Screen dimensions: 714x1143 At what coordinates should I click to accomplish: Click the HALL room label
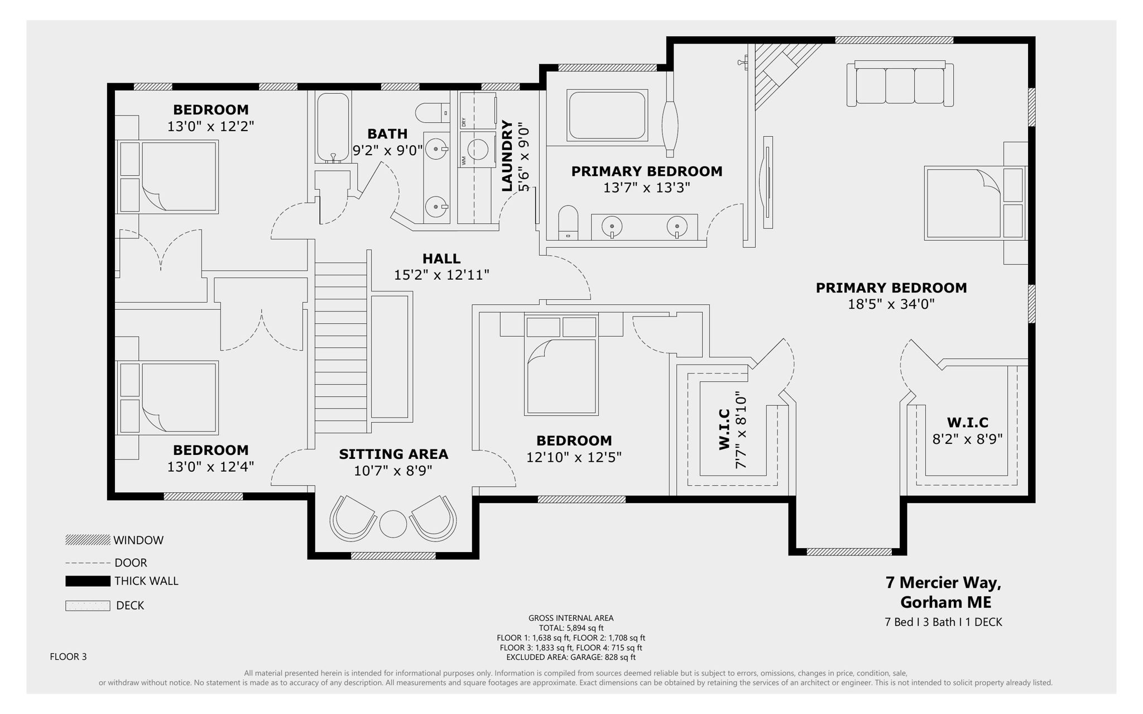pyautogui.click(x=441, y=258)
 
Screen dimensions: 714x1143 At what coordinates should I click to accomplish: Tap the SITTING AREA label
pyautogui.click(x=393, y=454)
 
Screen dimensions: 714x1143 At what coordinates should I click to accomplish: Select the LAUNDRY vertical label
pyautogui.click(x=507, y=156)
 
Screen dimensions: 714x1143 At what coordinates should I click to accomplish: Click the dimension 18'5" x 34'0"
pyautogui.click(x=891, y=304)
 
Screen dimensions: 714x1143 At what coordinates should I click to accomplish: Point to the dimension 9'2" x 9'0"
pyautogui.click(x=387, y=150)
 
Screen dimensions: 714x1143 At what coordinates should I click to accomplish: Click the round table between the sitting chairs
pyautogui.click(x=393, y=524)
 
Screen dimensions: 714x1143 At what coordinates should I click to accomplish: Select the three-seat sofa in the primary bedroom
pyautogui.click(x=900, y=84)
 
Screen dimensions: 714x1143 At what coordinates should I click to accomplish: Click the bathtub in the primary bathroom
pyautogui.click(x=607, y=115)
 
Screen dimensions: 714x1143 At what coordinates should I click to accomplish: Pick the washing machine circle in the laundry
pyautogui.click(x=478, y=150)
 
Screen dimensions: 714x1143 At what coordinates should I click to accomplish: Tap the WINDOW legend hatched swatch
pyautogui.click(x=88, y=540)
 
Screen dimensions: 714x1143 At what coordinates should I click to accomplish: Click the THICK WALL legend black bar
pyautogui.click(x=88, y=581)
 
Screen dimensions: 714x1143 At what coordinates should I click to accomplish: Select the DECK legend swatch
pyautogui.click(x=88, y=606)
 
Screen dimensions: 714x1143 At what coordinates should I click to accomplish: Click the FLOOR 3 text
pyautogui.click(x=68, y=657)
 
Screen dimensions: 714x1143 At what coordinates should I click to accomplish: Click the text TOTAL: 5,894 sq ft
pyautogui.click(x=571, y=627)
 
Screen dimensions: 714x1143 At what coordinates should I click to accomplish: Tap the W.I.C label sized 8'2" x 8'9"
pyautogui.click(x=967, y=422)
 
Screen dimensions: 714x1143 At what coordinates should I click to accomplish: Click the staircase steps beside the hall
pyautogui.click(x=340, y=346)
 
